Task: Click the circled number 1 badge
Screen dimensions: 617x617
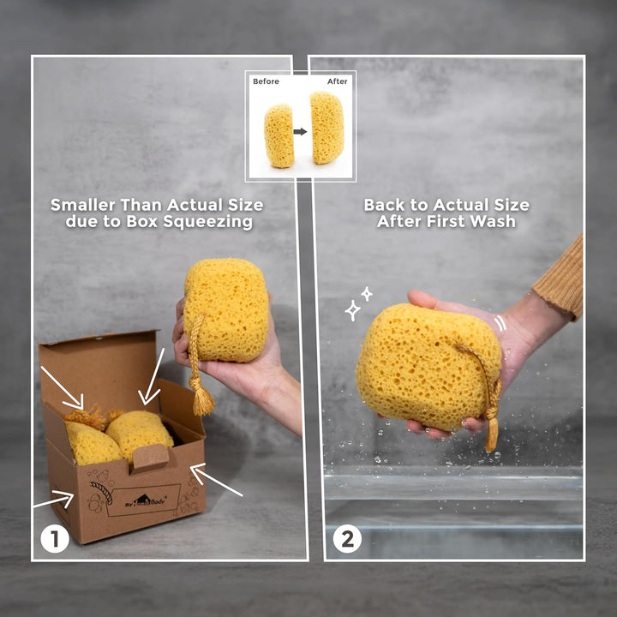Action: (x=55, y=539)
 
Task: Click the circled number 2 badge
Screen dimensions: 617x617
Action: (x=348, y=539)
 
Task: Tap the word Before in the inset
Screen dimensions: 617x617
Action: (x=266, y=81)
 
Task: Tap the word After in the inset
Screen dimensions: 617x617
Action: (x=338, y=81)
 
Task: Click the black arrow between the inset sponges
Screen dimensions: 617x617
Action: (x=301, y=133)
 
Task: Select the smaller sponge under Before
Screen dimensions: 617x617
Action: (x=279, y=135)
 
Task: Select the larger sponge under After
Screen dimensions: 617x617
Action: (x=327, y=128)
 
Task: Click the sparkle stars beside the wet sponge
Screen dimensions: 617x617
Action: (x=358, y=304)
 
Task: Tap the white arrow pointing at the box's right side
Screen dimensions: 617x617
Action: (x=215, y=481)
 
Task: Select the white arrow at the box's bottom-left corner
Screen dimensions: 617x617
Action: (x=53, y=499)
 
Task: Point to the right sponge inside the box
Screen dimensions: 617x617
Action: (x=139, y=432)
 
